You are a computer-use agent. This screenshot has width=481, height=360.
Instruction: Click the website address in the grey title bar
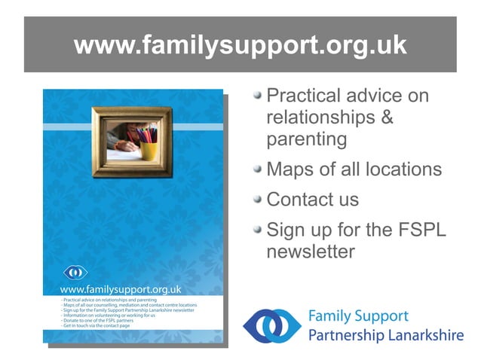(240, 46)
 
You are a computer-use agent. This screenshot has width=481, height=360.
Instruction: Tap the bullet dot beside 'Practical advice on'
(258, 96)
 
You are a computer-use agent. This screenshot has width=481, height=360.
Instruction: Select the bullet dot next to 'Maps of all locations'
(258, 169)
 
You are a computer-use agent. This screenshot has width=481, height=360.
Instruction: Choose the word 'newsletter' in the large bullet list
(311, 251)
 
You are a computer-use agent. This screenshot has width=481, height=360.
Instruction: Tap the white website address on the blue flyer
(121, 288)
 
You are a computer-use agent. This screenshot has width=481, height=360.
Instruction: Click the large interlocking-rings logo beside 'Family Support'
(272, 325)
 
